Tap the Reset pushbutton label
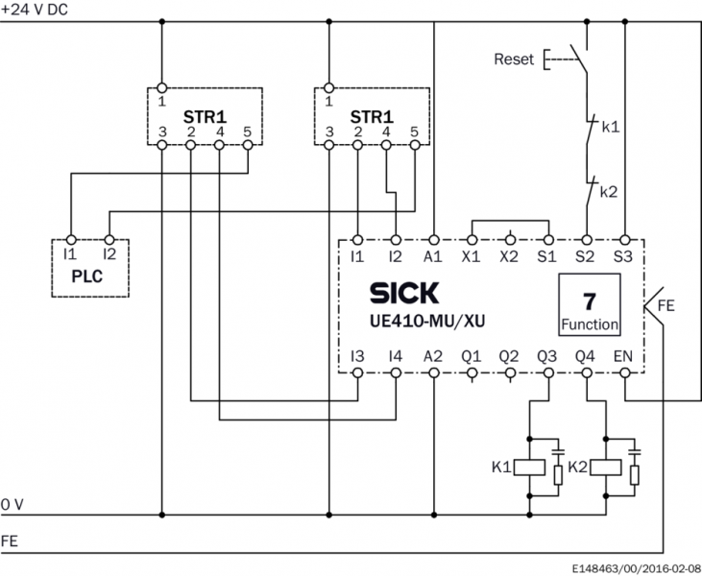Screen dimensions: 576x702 coord(514,60)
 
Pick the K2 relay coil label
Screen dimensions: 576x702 coord(576,468)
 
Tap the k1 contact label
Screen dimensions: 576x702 coord(611,126)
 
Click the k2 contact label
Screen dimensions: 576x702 coord(609,192)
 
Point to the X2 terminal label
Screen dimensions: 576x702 coord(509,256)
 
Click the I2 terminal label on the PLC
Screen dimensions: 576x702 coord(109,255)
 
